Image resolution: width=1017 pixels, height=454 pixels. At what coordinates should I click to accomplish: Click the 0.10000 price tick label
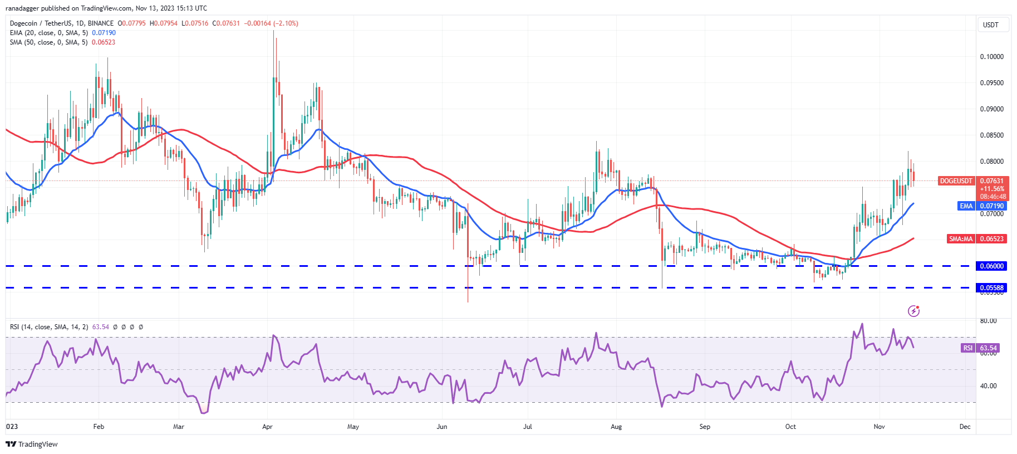991,57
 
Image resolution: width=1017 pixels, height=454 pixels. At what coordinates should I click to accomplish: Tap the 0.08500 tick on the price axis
991,135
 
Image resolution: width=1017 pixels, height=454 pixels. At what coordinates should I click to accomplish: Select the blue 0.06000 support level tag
991,266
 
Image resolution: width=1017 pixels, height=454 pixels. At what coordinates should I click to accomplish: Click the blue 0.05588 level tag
991,288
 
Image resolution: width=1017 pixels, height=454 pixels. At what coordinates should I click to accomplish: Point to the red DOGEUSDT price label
956,181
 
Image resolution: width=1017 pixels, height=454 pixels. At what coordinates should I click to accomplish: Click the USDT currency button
991,25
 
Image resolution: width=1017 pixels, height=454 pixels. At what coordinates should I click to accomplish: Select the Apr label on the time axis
267,427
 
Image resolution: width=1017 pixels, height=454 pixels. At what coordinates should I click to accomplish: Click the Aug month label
616,427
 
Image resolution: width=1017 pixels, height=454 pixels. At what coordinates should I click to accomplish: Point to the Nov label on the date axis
879,427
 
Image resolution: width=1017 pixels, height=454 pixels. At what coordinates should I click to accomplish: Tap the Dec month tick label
965,427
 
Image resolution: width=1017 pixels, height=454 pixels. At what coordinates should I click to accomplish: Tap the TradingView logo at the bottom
32,444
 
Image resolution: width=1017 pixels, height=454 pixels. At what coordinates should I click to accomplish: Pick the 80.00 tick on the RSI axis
988,321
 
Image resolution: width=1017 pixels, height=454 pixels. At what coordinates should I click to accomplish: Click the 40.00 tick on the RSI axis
988,385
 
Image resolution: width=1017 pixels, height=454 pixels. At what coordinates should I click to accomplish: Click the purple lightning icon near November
913,311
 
